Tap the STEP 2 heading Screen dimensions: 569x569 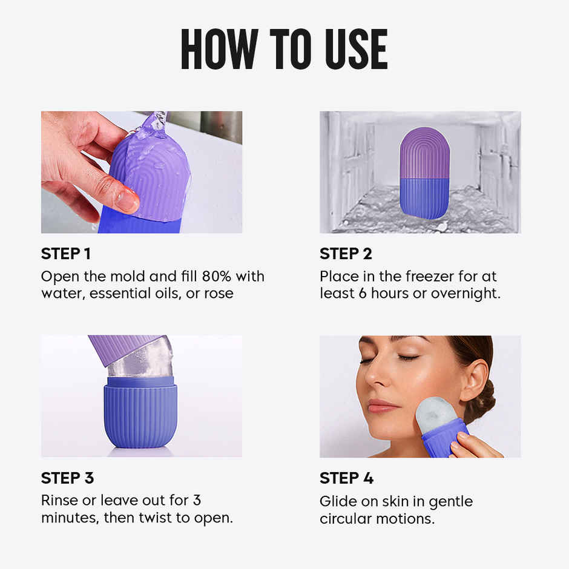pos(346,254)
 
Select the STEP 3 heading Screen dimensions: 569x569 pos(67,478)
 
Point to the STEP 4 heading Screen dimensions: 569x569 pos(346,478)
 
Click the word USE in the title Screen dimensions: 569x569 pos(354,49)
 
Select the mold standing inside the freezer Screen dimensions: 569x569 pos(424,173)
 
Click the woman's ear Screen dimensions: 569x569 pos(473,380)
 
